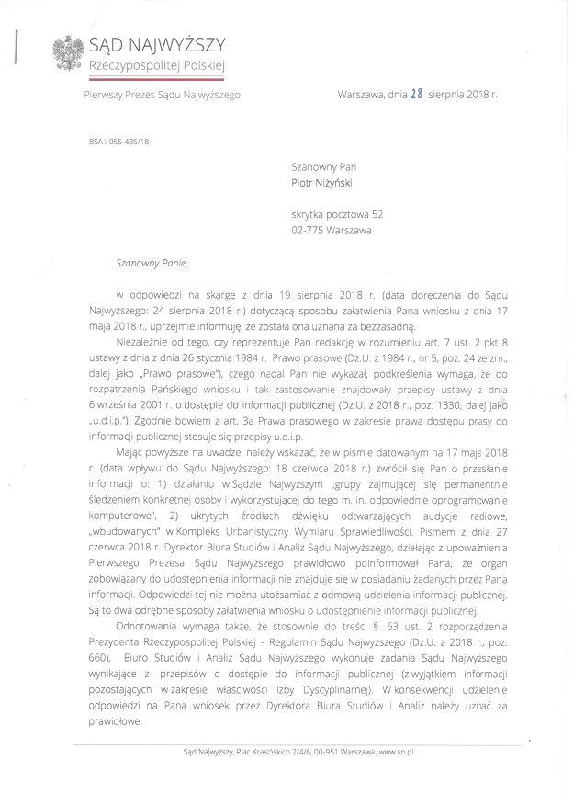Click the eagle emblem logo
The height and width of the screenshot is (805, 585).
pos(66,55)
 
